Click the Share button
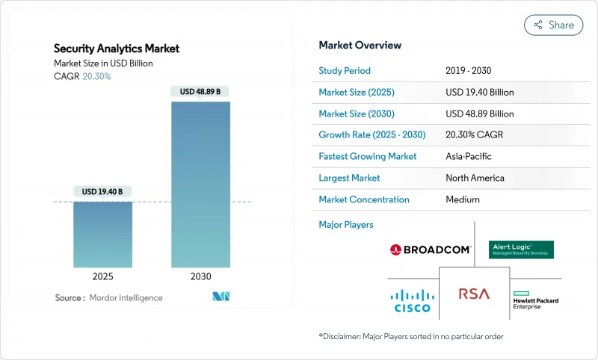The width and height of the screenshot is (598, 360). click(x=553, y=25)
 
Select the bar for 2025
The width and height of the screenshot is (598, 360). click(x=103, y=235)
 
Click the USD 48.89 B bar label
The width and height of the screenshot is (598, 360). click(x=200, y=92)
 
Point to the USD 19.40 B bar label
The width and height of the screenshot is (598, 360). click(x=103, y=192)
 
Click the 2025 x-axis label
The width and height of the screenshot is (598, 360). click(x=103, y=276)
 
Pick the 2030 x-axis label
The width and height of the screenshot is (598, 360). click(x=200, y=276)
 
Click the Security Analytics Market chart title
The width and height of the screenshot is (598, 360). click(x=117, y=49)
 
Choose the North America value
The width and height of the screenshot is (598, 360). click(x=475, y=179)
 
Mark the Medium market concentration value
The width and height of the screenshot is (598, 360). click(x=462, y=199)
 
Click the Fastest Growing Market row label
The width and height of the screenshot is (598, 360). click(x=368, y=157)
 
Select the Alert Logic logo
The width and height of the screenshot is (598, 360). click(x=520, y=249)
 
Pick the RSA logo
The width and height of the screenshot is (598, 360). click(x=474, y=294)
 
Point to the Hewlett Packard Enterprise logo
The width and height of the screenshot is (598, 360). click(x=536, y=301)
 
